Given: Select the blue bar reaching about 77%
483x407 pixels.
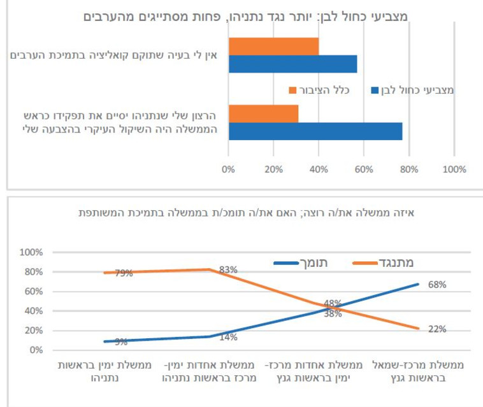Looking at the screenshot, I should click(315, 131).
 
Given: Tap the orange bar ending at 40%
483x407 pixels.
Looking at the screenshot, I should click(273, 46).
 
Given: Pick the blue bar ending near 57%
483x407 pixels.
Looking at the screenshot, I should click(292, 64).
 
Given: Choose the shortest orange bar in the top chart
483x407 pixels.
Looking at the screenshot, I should click(263, 113).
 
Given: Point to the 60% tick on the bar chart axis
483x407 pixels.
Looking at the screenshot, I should click(364, 169).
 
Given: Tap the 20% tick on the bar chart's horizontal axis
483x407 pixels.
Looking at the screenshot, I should click(273, 169).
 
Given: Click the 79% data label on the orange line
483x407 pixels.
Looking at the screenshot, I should click(124, 273).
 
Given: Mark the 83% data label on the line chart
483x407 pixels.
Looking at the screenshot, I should click(228, 269).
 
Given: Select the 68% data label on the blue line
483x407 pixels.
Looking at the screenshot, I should click(437, 285).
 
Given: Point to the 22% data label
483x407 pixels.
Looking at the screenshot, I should click(437, 329).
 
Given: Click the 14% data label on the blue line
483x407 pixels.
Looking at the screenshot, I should click(228, 336).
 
